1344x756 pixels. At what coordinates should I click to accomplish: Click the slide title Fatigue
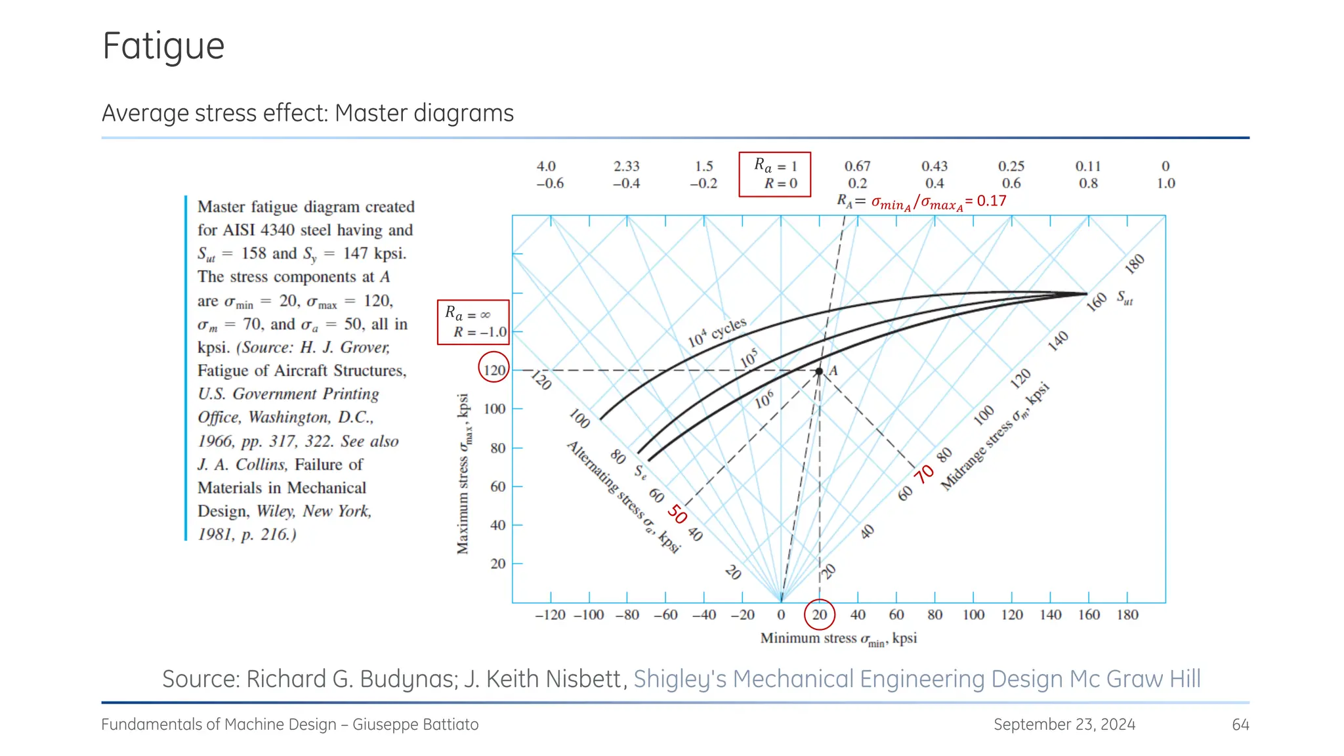click(x=163, y=47)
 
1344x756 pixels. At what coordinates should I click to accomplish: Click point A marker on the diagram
click(x=819, y=371)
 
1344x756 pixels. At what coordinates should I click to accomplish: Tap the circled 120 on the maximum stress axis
click(x=494, y=370)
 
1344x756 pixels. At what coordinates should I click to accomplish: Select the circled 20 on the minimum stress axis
click(x=820, y=615)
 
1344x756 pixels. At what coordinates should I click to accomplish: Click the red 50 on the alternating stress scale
click(x=677, y=514)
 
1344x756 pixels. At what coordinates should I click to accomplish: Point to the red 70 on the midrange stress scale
click(x=924, y=474)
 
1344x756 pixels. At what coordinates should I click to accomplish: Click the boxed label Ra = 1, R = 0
click(x=775, y=175)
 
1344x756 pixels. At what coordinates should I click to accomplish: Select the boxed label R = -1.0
click(x=473, y=323)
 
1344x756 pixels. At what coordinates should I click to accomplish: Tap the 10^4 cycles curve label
click(x=717, y=332)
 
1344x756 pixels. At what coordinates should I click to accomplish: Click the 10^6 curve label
click(x=764, y=399)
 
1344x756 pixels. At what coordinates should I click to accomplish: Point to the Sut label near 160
click(x=1125, y=298)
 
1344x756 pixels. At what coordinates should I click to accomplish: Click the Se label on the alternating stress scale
click(x=640, y=472)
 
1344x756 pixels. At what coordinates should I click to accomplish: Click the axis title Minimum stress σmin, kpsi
click(x=838, y=639)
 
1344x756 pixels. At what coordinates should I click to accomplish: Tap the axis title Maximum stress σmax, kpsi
click(x=463, y=474)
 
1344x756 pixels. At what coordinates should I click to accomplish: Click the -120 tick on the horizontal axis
click(x=550, y=615)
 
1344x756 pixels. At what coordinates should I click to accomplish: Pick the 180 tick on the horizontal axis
click(x=1127, y=615)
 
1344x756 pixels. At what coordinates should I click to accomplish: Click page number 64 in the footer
click(x=1240, y=724)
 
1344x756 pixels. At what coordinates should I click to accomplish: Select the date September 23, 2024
click(x=1064, y=724)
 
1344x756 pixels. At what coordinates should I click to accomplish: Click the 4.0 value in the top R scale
click(x=546, y=166)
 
